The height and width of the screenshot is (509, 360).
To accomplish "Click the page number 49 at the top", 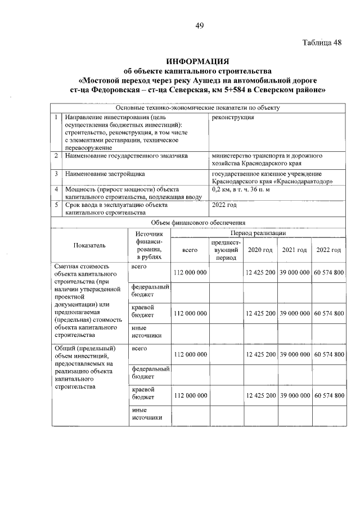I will coord(200,25).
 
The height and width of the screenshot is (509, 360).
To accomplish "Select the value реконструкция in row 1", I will coord(232,118).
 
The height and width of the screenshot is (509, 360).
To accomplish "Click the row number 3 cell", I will coord(57,174).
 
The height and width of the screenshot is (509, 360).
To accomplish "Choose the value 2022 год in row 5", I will coord(224,205).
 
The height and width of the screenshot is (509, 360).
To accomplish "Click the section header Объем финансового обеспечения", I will coord(199,223).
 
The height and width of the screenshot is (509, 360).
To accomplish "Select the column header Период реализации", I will coord(258,233).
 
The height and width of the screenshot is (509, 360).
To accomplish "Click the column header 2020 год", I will coord(260,250).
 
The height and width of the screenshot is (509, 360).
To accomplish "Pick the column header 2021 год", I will coord(294,250).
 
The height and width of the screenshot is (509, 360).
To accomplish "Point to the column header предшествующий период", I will coord(226,250).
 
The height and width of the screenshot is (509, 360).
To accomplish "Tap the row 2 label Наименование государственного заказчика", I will coord(127,155).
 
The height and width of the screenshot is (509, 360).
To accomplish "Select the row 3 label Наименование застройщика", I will coord(105,174).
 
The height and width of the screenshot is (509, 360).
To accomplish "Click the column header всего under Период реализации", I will coord(190,250).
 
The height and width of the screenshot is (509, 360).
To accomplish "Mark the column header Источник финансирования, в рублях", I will coord(149,245).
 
